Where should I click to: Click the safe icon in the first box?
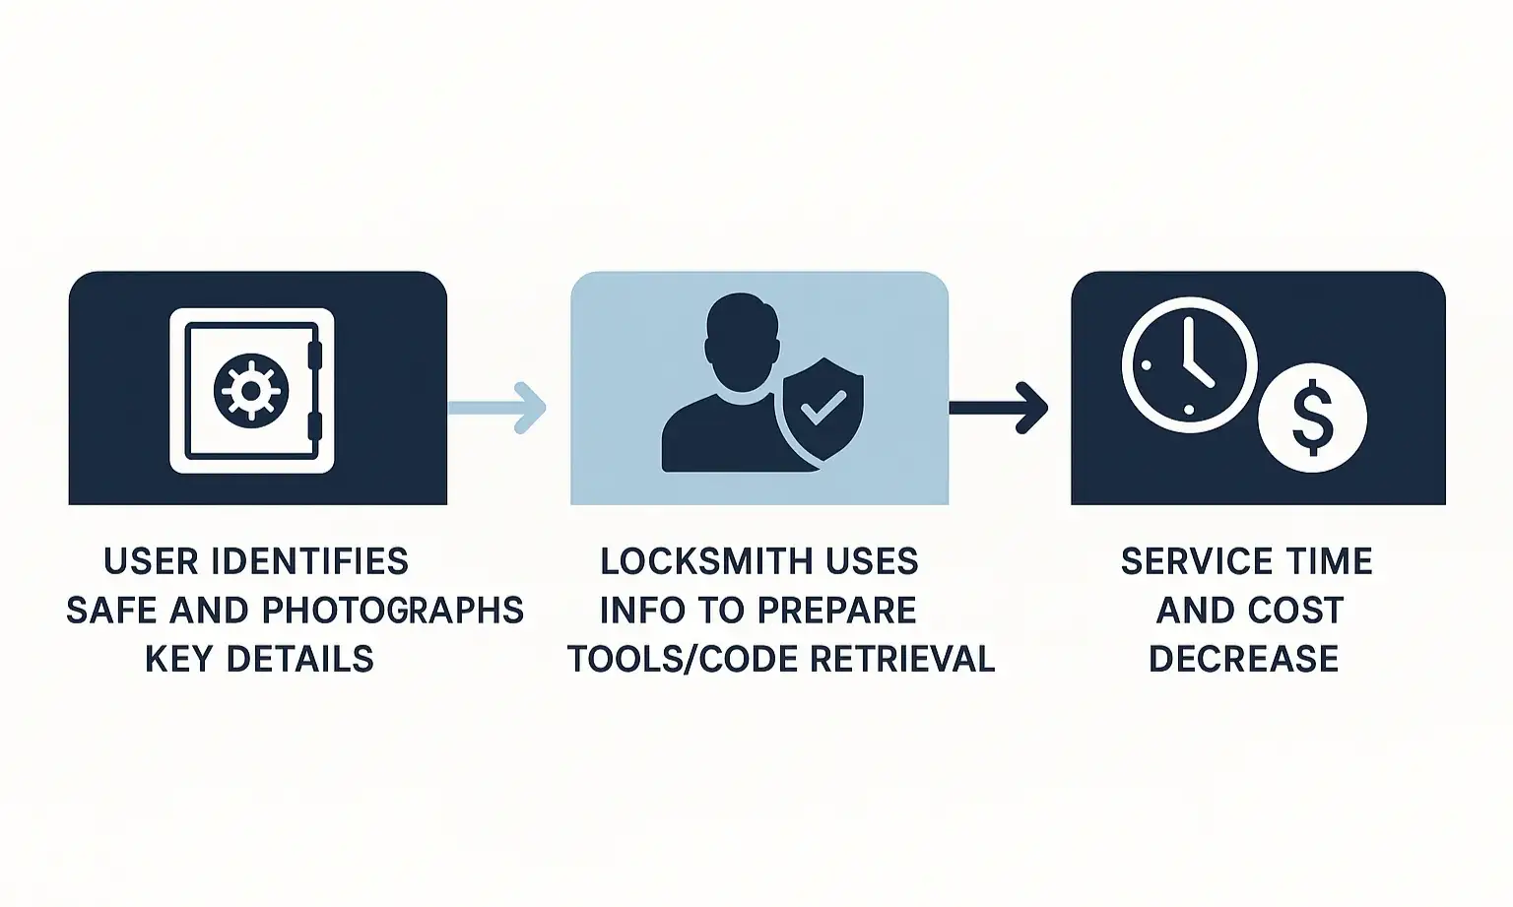252,390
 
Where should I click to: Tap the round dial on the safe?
251,391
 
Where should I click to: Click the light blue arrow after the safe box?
498,407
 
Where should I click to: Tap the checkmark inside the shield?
823,407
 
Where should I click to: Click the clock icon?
1189,364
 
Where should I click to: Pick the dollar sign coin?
1312,418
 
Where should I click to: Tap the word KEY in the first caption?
179,659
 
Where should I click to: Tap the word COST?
1297,611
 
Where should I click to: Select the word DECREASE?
1244,659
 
